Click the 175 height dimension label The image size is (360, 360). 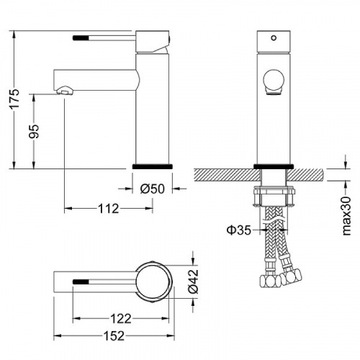[x=15, y=99]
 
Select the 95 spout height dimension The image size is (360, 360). [x=34, y=131]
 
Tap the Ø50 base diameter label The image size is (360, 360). [x=153, y=189]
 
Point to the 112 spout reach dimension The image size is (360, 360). [x=108, y=209]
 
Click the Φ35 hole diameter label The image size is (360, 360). [x=239, y=230]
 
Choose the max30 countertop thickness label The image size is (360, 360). [x=346, y=216]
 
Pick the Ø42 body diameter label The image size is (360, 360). [x=194, y=282]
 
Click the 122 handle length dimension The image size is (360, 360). [x=121, y=319]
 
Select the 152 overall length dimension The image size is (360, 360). [x=114, y=336]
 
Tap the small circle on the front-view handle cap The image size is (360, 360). [x=274, y=37]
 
